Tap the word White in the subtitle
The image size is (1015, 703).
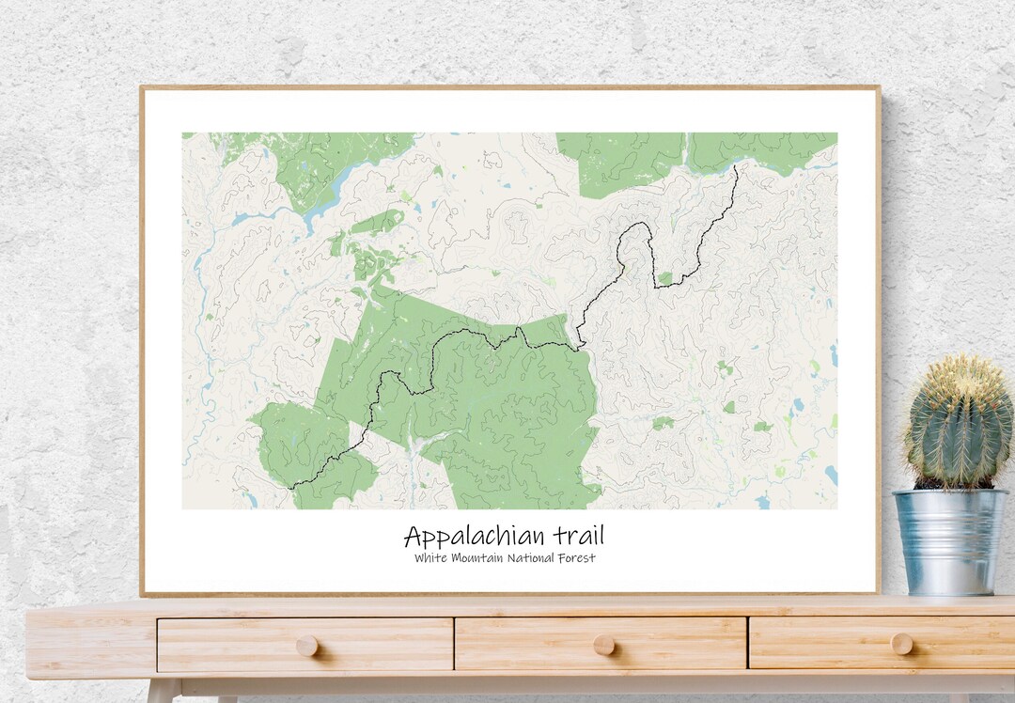pos(430,558)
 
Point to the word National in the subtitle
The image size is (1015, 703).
pos(531,558)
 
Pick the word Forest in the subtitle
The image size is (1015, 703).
pos(577,558)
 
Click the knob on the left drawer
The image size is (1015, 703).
pos(306,645)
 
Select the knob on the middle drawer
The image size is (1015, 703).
pos(603,645)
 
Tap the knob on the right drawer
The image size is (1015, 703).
pos(901,644)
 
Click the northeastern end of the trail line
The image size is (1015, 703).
pos(736,167)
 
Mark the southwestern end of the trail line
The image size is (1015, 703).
pos(291,487)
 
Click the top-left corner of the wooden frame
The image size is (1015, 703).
pos(142,88)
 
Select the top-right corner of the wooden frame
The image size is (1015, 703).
pos(878,88)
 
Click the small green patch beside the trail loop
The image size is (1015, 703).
pos(665,278)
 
